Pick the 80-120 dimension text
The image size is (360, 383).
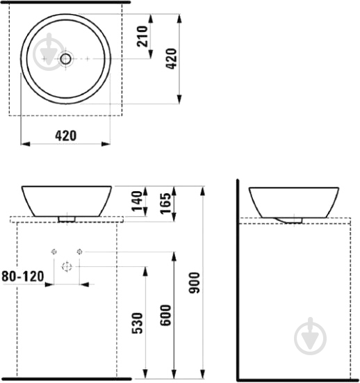point(23,276)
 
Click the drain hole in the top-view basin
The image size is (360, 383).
point(65,59)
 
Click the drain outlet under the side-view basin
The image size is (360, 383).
point(293,220)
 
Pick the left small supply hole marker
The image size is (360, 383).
point(53,251)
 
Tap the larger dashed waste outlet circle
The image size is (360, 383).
point(67,266)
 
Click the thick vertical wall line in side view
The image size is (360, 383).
point(238,278)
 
